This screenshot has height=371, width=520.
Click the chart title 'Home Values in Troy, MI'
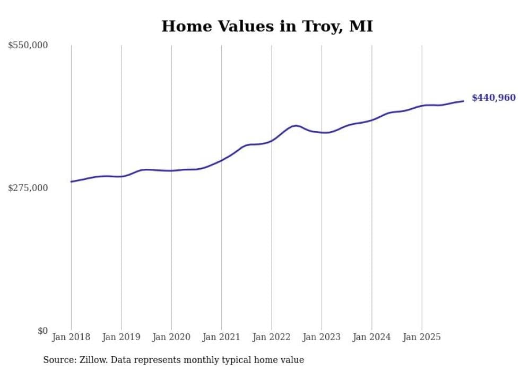[267, 26]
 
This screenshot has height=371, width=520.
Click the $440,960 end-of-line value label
[493, 98]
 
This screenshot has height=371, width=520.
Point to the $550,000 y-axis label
[28, 46]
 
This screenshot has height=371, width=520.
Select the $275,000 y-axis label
[28, 188]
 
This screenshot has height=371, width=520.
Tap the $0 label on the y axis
[42, 331]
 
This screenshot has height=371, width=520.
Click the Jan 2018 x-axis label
[71, 337]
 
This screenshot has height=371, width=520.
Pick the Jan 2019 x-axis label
[121, 337]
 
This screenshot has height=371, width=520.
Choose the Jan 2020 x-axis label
[171, 337]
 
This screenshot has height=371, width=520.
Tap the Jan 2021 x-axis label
[221, 337]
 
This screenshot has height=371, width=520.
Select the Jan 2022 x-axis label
[272, 337]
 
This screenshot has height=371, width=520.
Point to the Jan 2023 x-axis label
[322, 337]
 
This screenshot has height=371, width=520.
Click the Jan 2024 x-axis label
[372, 337]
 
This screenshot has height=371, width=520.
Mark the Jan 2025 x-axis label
[422, 337]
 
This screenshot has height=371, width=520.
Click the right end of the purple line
[463, 101]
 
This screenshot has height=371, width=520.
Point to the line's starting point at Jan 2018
[71, 182]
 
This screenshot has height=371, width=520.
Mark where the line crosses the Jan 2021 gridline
[221, 160]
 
